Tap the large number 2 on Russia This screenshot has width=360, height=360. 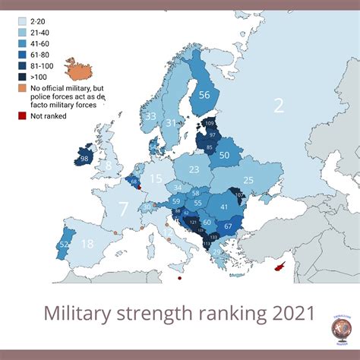278,106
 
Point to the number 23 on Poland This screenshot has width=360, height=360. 194,169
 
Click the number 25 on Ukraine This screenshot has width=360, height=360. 248,180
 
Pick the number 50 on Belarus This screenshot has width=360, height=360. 224,155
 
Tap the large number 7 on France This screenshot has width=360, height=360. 122,207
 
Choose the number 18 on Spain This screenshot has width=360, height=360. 88,244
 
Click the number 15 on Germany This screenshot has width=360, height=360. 156,179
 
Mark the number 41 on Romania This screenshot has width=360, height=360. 224,206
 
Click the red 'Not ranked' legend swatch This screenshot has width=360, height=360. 22,116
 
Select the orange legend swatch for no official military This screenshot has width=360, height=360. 22,87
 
